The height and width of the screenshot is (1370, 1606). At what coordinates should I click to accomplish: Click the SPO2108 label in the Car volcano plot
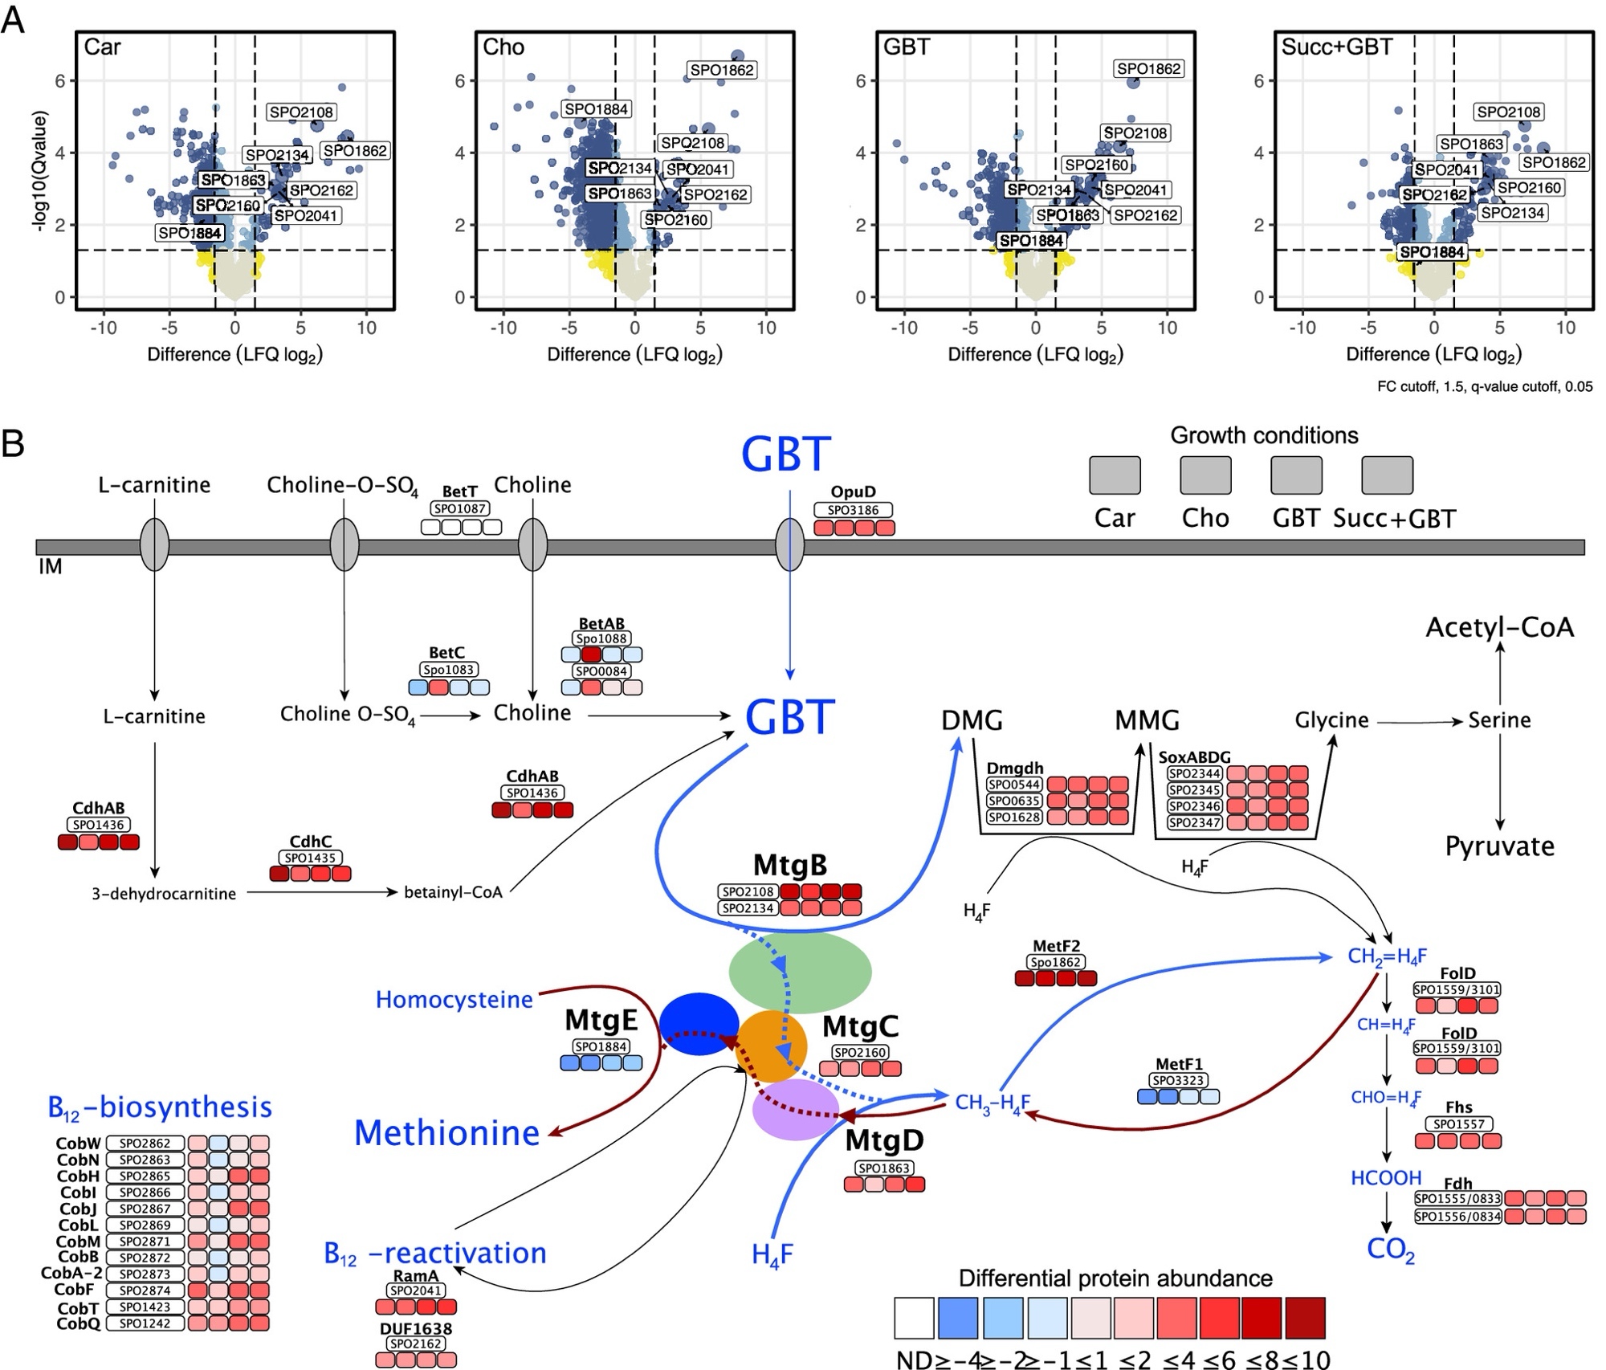coord(301,112)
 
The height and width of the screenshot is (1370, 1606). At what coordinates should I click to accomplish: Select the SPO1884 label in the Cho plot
coord(597,109)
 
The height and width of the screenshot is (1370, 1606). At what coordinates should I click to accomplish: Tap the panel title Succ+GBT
coord(1337,47)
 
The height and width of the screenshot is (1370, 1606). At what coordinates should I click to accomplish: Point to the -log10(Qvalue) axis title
coord(39,172)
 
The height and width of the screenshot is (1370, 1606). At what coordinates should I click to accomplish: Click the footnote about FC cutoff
coord(1484,386)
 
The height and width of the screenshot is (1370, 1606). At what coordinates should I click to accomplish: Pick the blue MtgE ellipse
coord(699,1024)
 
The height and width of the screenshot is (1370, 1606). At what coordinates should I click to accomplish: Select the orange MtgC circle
coord(772,1046)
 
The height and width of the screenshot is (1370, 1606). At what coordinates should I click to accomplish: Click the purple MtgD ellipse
coord(796,1110)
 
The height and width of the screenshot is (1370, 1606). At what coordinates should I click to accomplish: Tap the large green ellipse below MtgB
coord(800,971)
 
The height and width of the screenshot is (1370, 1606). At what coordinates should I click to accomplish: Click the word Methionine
coord(446,1132)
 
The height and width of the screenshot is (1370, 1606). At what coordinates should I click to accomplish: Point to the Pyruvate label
coord(1499,846)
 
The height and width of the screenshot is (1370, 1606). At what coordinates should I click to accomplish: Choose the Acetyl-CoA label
coord(1499,626)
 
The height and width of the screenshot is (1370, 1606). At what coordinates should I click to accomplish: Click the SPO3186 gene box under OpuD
coord(853,510)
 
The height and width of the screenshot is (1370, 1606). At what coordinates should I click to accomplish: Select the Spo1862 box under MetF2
coord(1056,962)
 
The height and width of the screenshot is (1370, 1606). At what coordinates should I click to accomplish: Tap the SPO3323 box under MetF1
coord(1178,1081)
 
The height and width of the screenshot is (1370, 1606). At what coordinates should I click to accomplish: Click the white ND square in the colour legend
coord(914,1318)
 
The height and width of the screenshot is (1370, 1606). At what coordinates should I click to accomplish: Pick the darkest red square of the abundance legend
coord(1305,1318)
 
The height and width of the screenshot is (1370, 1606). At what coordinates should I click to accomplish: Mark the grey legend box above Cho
coord(1205,475)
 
